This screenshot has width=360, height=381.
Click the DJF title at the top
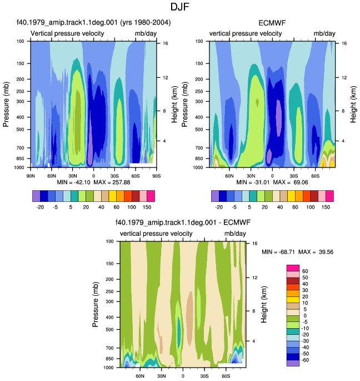click(x=179, y=7)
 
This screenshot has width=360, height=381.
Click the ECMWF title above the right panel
click(x=272, y=23)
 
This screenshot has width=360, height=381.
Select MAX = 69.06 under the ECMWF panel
click(x=291, y=182)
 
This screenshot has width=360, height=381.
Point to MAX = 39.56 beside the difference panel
click(x=316, y=252)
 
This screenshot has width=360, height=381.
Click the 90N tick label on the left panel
click(x=31, y=176)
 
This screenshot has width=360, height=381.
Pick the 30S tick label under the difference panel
click(x=204, y=376)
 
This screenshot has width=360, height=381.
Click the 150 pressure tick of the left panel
click(x=21, y=63)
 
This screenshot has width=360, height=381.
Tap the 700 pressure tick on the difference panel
click(x=110, y=348)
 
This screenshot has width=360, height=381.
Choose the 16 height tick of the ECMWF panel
click(x=344, y=43)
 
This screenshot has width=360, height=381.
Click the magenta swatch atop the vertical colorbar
click(x=293, y=268)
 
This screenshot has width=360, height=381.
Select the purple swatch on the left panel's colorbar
click(x=36, y=196)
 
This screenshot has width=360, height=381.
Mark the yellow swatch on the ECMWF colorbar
click(x=291, y=196)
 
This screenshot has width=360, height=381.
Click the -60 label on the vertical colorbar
click(x=305, y=360)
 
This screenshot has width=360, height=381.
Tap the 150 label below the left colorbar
click(x=147, y=207)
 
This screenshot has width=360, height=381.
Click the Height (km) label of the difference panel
click(x=264, y=304)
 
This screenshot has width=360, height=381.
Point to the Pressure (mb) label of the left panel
click(x=6, y=104)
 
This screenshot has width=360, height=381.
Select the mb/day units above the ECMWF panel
click(x=324, y=33)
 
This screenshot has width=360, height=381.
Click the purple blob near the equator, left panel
click(x=90, y=146)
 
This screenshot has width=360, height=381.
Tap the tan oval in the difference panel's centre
click(x=189, y=312)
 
